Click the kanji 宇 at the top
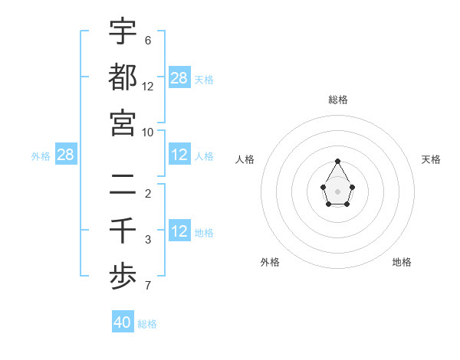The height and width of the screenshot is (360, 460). (123, 31)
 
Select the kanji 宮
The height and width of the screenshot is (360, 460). (123, 123)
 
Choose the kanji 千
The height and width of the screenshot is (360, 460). (123, 230)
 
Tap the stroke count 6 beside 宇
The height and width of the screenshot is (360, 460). (148, 41)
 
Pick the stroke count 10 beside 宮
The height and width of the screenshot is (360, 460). (148, 132)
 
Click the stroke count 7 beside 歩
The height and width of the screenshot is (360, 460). (148, 286)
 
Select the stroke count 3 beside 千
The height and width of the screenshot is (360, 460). (148, 241)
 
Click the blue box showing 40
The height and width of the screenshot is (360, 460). (123, 322)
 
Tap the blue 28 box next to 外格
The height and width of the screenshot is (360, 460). (66, 155)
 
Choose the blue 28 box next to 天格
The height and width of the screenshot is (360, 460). (179, 77)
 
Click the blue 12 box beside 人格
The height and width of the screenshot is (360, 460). (179, 155)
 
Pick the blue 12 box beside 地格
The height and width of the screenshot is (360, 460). (179, 231)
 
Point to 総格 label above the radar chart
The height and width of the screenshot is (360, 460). (337, 100)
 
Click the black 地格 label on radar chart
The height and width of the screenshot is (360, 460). (402, 262)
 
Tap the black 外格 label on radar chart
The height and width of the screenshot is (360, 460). (270, 262)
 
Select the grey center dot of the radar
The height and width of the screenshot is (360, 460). (337, 191)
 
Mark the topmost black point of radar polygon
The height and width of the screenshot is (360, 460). (337, 161)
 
